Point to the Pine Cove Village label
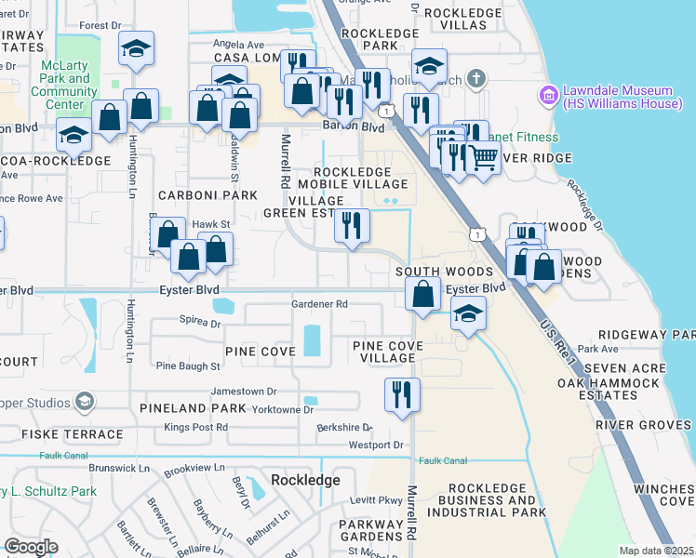click(387, 352)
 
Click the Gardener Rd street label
click(319, 304)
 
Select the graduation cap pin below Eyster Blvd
click(468, 314)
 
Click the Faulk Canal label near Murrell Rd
click(441, 460)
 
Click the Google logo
click(31, 546)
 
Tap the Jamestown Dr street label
click(244, 392)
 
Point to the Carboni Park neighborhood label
click(207, 195)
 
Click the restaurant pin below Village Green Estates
click(352, 226)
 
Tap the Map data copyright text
click(656, 551)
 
